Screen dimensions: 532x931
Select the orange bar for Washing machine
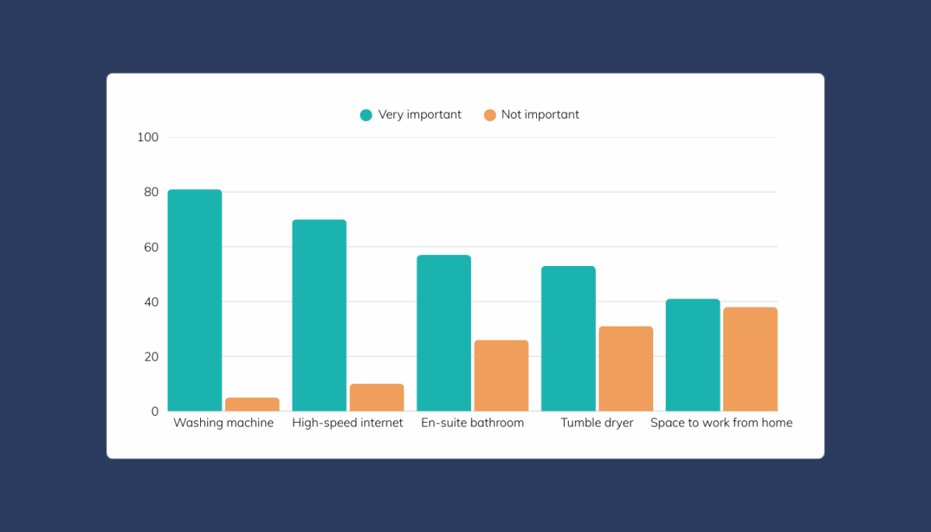coord(252,404)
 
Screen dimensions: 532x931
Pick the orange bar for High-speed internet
coord(376,397)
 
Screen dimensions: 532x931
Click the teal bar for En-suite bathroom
coord(444,333)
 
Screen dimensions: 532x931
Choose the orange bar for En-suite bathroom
coord(501,375)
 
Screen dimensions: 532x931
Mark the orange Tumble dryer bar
coord(625,368)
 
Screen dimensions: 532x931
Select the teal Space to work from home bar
coord(693,354)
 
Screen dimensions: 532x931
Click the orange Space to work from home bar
coord(750,359)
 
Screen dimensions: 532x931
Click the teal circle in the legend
coord(366,115)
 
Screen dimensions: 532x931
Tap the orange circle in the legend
coord(490,115)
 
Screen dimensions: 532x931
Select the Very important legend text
coord(420,115)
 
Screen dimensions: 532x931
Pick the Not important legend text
coord(540,115)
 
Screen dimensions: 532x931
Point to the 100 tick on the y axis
coord(147,137)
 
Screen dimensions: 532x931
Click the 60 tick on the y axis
coord(151,247)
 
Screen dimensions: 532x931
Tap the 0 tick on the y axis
coord(154,412)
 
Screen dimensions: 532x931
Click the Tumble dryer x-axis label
coord(597,423)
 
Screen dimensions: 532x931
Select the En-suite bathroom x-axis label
coord(472,423)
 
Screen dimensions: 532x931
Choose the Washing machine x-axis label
coord(223,423)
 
